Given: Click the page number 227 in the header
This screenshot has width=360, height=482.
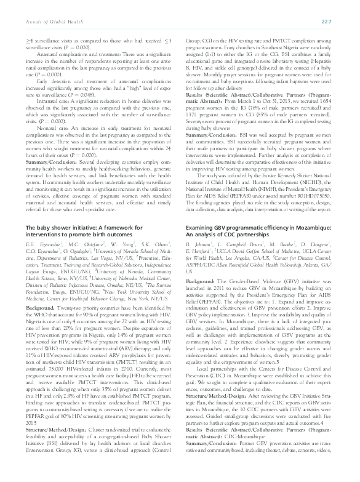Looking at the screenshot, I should (343, 23).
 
